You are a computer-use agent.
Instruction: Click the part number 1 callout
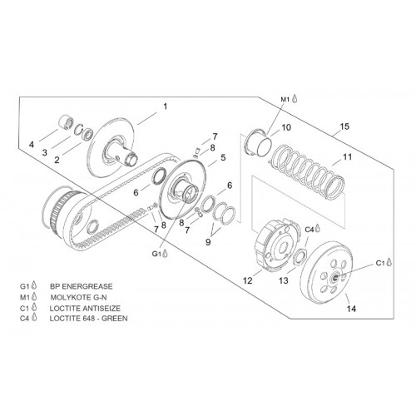click(166, 106)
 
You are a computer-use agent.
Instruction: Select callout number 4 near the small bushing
click(32, 145)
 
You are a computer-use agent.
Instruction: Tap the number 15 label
click(344, 126)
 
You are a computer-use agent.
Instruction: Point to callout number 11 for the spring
click(347, 156)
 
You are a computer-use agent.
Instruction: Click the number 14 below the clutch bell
click(351, 309)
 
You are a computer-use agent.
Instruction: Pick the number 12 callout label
click(248, 280)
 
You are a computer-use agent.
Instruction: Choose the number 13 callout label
click(284, 280)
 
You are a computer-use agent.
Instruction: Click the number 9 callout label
click(208, 242)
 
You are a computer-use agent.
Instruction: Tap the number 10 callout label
click(286, 127)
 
